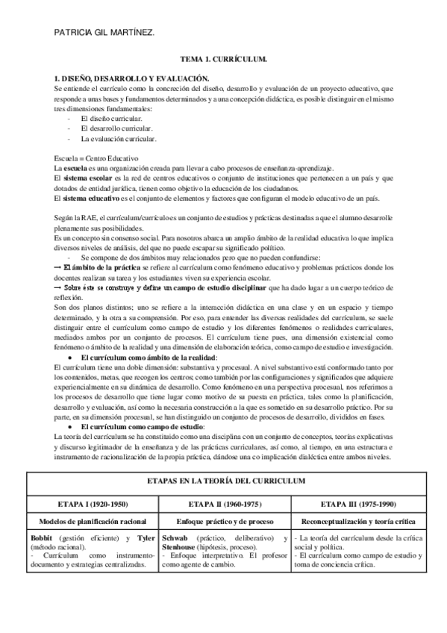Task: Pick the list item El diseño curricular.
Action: pyautogui.click(x=112, y=119)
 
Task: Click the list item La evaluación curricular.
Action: pyautogui.click(x=119, y=139)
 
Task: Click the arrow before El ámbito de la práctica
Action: pyautogui.click(x=59, y=266)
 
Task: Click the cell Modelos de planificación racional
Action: pyautogui.click(x=93, y=520)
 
